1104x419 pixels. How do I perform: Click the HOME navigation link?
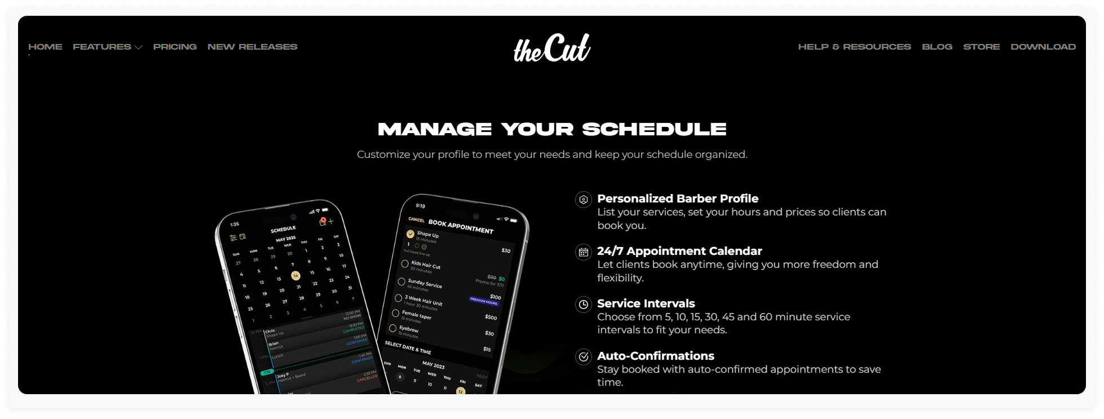pyautogui.click(x=45, y=47)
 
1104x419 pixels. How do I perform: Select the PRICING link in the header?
pyautogui.click(x=175, y=47)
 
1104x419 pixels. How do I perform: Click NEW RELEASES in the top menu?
pyautogui.click(x=252, y=47)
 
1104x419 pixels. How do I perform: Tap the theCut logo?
pyautogui.click(x=551, y=48)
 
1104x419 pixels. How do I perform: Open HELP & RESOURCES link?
pyautogui.click(x=854, y=47)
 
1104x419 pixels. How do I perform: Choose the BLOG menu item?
pyautogui.click(x=937, y=47)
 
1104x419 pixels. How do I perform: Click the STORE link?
pyautogui.click(x=981, y=47)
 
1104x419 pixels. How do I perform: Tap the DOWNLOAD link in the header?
pyautogui.click(x=1043, y=47)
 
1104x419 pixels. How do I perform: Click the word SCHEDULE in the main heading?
pyautogui.click(x=654, y=129)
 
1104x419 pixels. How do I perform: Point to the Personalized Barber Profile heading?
pyautogui.click(x=677, y=199)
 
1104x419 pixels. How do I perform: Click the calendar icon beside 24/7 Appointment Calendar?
pyautogui.click(x=584, y=252)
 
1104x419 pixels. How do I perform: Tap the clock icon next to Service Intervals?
pyautogui.click(x=584, y=305)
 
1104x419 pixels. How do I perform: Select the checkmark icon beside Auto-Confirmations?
pyautogui.click(x=584, y=357)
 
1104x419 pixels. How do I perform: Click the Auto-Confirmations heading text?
pyautogui.click(x=655, y=356)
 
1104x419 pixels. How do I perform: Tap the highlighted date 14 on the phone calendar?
pyautogui.click(x=295, y=276)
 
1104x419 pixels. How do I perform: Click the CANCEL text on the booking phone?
pyautogui.click(x=416, y=219)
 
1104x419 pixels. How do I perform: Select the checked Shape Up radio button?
pyautogui.click(x=410, y=234)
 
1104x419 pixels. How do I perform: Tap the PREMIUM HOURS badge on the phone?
pyautogui.click(x=484, y=302)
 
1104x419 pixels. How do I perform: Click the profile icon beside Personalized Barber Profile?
pyautogui.click(x=584, y=200)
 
